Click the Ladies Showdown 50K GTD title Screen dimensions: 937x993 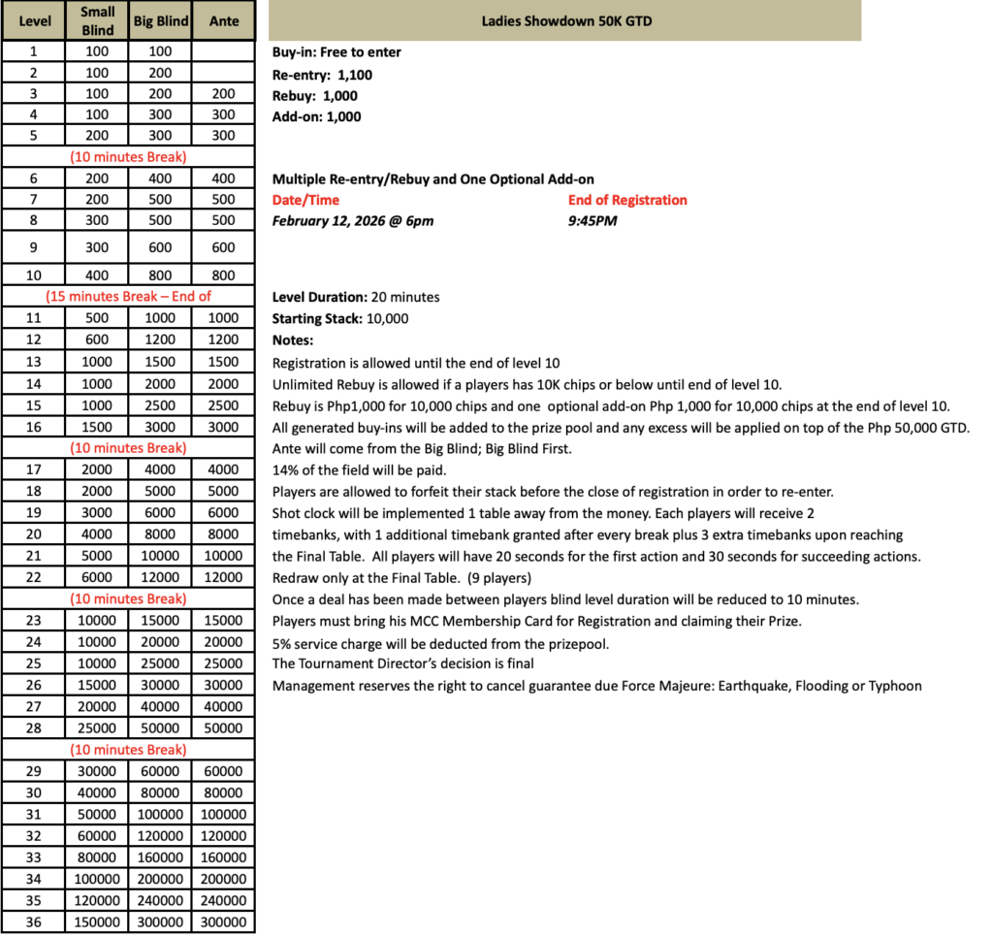coord(564,21)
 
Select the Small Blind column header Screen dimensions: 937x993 coord(97,21)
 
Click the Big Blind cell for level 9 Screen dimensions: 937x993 coord(160,247)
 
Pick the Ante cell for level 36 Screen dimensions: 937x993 coord(223,922)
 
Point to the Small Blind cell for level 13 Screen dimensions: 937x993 coord(97,362)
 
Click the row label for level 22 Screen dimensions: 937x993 coord(33,577)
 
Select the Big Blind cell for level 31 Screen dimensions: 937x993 coord(160,814)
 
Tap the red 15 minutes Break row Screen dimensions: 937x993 coord(129,297)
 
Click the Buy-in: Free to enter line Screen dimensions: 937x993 coord(336,52)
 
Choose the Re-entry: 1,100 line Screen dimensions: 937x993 coord(322,75)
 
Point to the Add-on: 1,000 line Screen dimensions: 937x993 coord(316,116)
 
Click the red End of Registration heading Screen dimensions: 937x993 coord(627,200)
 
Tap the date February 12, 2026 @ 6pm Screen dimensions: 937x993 coord(353,220)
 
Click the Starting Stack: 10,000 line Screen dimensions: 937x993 coord(340,318)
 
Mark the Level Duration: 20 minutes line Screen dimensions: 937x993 coord(356,297)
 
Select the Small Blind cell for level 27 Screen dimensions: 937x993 coord(97,706)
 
